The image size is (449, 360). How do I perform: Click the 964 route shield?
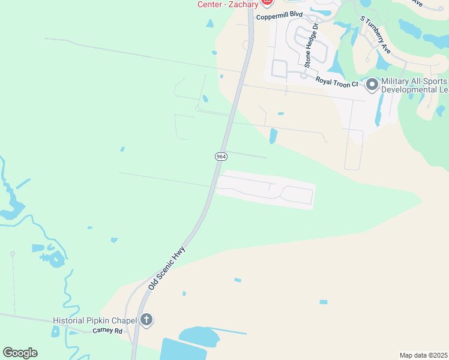tap(221, 156)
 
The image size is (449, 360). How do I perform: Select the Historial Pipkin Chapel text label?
tap(95, 320)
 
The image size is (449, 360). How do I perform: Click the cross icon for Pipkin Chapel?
tap(146, 320)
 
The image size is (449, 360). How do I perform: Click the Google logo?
tap(20, 352)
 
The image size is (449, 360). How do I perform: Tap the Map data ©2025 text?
tap(423, 355)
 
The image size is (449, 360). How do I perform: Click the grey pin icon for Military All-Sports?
tap(372, 85)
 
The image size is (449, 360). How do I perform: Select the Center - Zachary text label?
tap(228, 4)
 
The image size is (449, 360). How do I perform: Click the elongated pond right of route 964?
tap(274, 136)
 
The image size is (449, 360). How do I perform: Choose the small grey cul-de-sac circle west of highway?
tap(197, 108)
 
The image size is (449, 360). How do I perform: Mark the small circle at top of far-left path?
tap(12, 254)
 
